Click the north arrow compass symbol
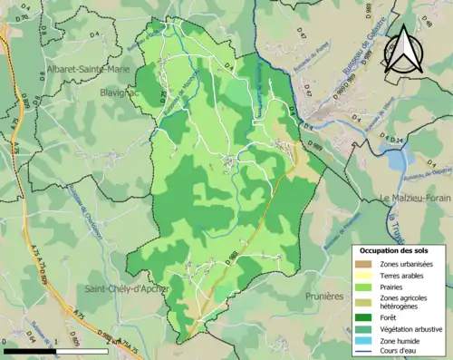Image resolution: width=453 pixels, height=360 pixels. coord(402,50)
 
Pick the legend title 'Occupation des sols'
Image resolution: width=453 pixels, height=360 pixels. coord(397,249)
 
